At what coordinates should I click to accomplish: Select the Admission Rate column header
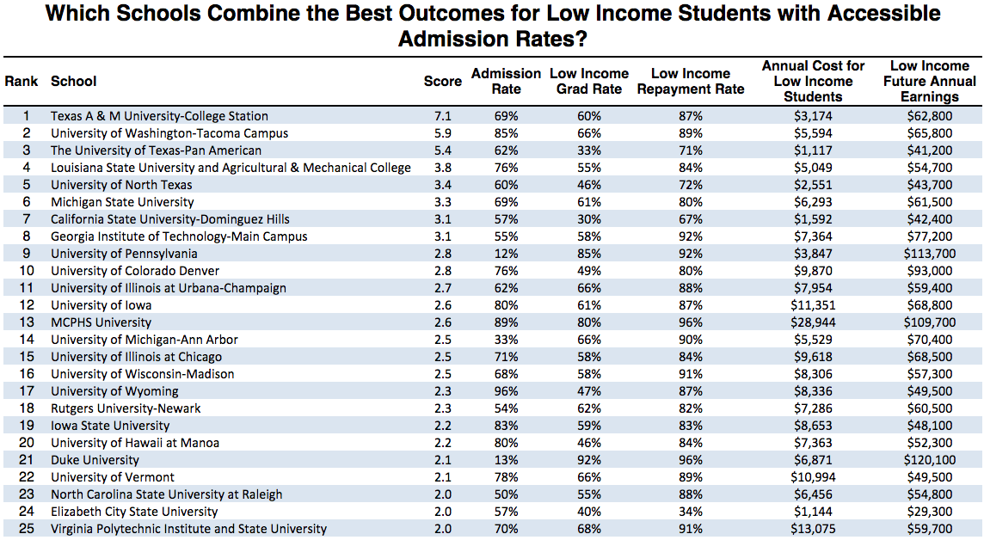click(506, 82)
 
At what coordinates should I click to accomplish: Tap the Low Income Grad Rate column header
click(589, 82)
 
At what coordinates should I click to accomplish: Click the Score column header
click(443, 82)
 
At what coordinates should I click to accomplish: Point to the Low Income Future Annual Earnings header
click(929, 82)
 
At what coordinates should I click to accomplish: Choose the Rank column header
click(22, 82)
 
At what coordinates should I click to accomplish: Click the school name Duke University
click(95, 460)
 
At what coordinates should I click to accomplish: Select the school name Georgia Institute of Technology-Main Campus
click(179, 236)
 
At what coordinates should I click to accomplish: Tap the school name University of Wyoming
click(114, 391)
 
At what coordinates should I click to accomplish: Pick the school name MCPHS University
click(101, 322)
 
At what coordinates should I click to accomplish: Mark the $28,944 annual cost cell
click(812, 322)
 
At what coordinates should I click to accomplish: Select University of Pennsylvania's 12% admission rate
click(506, 254)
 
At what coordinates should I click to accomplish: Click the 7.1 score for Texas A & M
click(443, 116)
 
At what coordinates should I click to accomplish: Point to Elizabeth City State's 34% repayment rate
click(691, 512)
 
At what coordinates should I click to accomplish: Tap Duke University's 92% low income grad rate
click(588, 460)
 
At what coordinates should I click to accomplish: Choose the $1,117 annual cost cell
click(812, 150)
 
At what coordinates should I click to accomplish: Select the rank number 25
click(27, 529)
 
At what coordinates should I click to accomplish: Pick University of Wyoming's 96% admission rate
click(506, 391)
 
